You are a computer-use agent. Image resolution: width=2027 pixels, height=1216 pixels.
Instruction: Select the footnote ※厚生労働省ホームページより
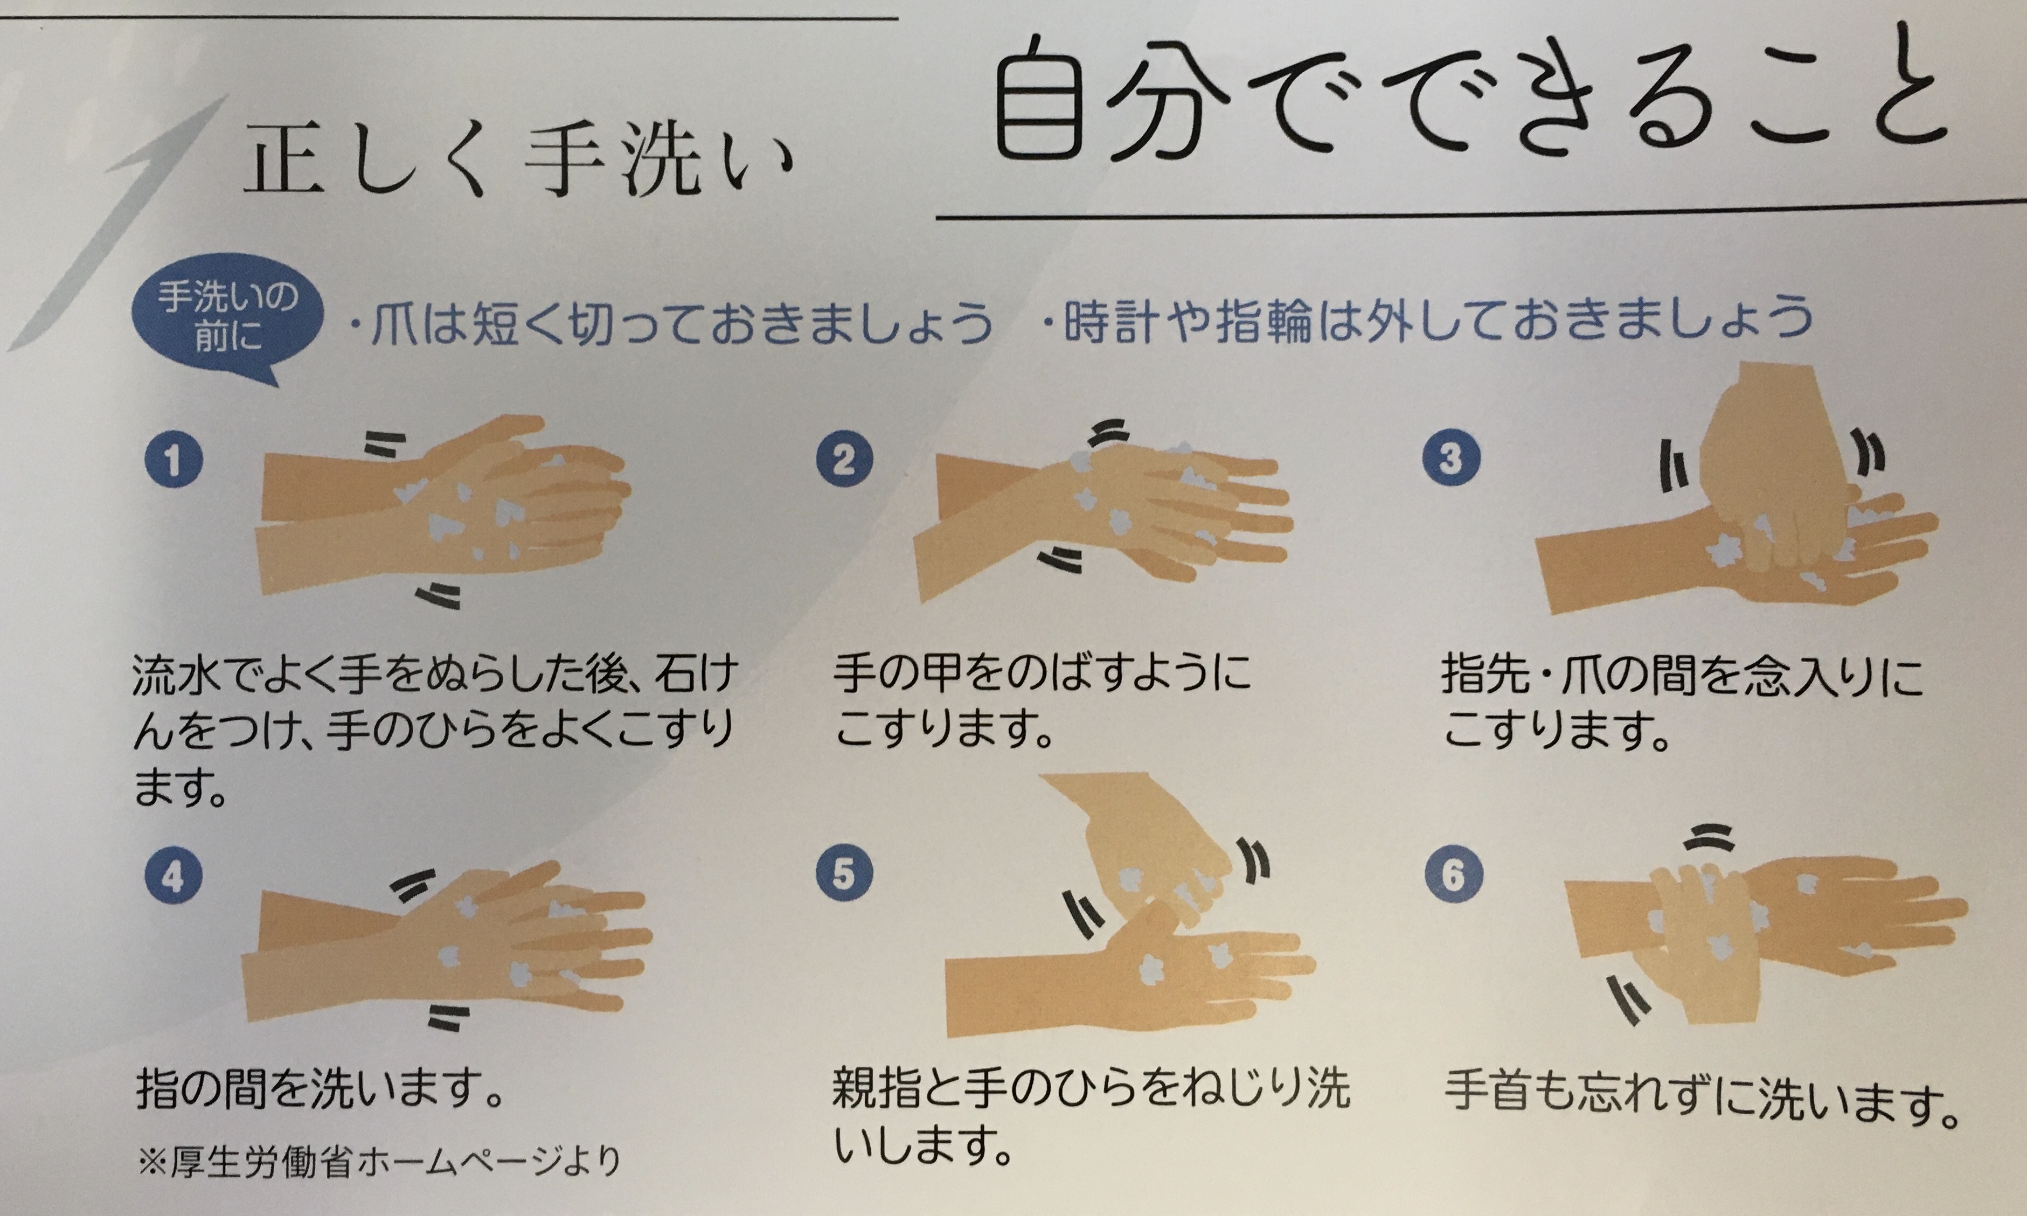click(379, 1161)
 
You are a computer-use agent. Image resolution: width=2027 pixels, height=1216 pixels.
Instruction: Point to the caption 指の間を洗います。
click(320, 1089)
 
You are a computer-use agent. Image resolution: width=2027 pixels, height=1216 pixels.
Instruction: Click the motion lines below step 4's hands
click(449, 1017)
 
